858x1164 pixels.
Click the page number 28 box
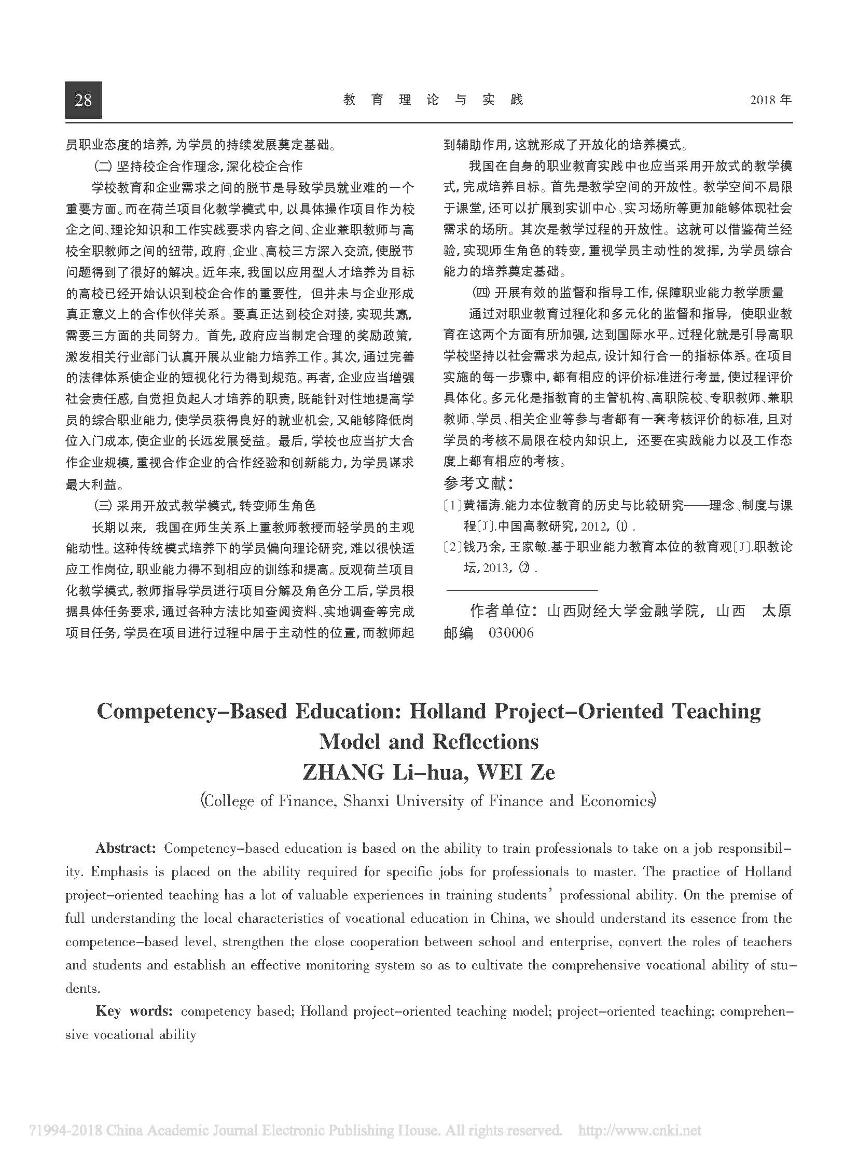coord(83,100)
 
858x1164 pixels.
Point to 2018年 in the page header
coord(771,100)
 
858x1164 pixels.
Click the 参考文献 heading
coord(478,484)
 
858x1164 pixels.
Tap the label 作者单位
coord(502,611)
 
